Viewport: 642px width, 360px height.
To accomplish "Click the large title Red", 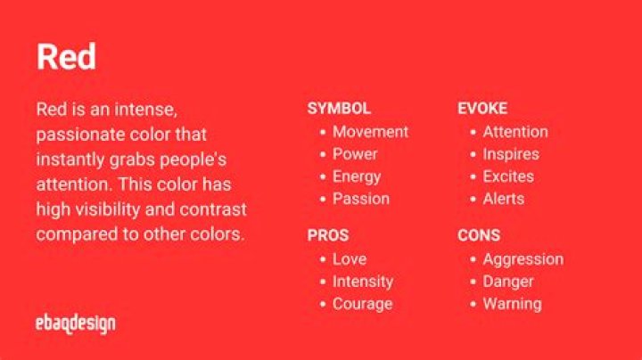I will click(66, 57).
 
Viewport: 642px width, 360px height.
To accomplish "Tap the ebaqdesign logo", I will click(76, 323).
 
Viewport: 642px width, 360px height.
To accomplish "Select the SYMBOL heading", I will click(339, 109).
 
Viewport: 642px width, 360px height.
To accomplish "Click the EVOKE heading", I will click(482, 109).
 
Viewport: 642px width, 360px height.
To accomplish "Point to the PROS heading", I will click(328, 236).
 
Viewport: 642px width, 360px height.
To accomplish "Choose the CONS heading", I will click(479, 236).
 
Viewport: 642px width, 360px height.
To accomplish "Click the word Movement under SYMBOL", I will click(370, 132).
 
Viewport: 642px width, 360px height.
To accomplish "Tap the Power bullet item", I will click(355, 154).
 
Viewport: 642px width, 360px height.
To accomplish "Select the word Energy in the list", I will click(357, 176).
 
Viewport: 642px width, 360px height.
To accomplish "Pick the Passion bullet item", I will click(361, 199).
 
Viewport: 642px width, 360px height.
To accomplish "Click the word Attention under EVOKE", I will click(515, 132).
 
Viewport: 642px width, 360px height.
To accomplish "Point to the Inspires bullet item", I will click(511, 154).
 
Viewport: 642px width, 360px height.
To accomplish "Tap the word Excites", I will click(508, 176).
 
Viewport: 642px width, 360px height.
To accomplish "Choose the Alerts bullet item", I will click(504, 199).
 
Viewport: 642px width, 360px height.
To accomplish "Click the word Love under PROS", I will click(350, 259).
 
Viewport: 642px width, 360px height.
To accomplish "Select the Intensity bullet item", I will click(363, 282).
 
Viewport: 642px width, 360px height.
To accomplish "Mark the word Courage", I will click(362, 304).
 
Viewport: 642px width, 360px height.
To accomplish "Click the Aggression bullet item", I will click(523, 259).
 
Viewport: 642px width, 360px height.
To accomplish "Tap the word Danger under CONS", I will click(508, 282).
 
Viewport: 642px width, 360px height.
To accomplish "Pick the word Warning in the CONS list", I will click(512, 304).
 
